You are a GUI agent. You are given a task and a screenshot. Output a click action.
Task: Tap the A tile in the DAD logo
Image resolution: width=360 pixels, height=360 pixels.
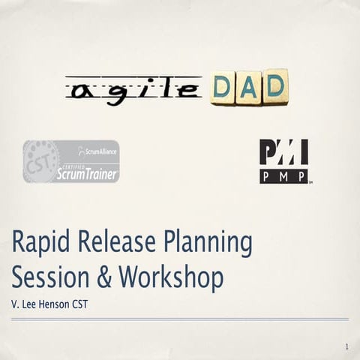pyautogui.click(x=248, y=88)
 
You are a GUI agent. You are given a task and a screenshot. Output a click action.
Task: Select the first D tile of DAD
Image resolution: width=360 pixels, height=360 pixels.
pyautogui.click(x=223, y=88)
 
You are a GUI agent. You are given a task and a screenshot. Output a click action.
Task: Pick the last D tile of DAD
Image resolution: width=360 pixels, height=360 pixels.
pyautogui.click(x=274, y=86)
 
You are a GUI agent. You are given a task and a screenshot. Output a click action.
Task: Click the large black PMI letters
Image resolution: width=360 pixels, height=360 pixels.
pyautogui.click(x=283, y=152)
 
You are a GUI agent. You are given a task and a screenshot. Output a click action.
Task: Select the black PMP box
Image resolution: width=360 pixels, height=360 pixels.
pyautogui.click(x=283, y=176)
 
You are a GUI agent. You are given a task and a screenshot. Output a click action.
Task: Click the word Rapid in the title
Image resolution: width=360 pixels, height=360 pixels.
pyautogui.click(x=37, y=244)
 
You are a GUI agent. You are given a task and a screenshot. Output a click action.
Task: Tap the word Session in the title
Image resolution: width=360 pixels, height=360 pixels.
pyautogui.click(x=46, y=278)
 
